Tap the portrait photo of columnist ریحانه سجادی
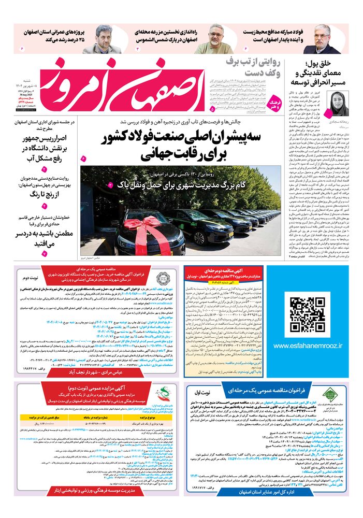(337, 104)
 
